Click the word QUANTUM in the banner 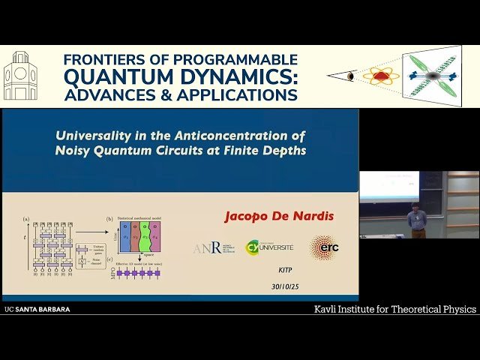[x=111, y=76]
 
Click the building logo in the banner [x=20, y=76]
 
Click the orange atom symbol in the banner [x=382, y=76]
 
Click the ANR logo [x=208, y=247]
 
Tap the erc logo [x=324, y=247]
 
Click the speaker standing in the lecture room [x=417, y=220]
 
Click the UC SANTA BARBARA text [x=37, y=309]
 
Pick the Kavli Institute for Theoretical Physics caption [x=394, y=309]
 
